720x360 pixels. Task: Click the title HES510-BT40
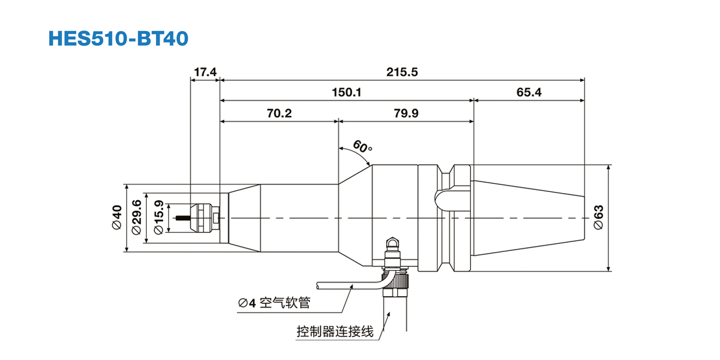118,38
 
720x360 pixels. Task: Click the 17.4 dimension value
205,72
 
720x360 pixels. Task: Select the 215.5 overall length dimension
402,72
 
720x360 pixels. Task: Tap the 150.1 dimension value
347,92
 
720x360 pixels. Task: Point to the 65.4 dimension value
529,92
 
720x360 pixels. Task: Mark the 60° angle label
363,147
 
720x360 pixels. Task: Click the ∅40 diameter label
116,218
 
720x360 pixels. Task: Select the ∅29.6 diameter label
137,218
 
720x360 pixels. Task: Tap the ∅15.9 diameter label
158,218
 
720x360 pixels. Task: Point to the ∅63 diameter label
598,218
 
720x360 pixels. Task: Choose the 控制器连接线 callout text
335,331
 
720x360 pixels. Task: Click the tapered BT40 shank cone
526,218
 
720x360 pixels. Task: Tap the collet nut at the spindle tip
202,218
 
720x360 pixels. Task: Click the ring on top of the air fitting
392,242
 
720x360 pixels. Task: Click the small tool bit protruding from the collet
182,219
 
